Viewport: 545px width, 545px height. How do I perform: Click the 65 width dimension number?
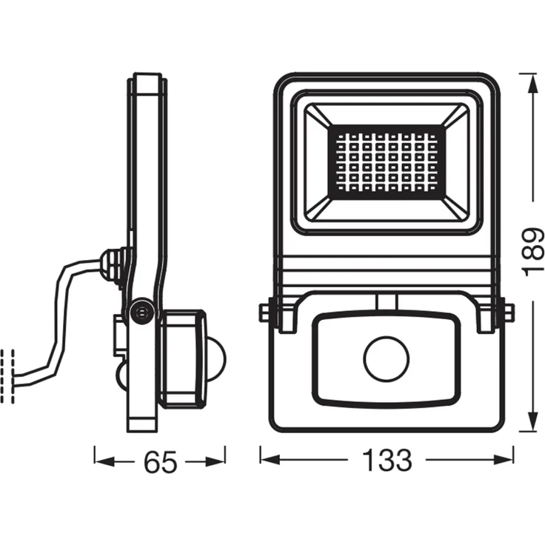(161, 462)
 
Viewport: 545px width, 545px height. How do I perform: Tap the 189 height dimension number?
(532, 252)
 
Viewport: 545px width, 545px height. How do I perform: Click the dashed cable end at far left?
(9, 375)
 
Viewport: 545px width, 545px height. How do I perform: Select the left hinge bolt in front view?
(264, 313)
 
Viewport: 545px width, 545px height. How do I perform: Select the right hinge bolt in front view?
(507, 313)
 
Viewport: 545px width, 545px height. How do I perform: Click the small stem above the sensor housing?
(385, 301)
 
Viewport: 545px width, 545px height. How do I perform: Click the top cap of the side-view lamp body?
(147, 82)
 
